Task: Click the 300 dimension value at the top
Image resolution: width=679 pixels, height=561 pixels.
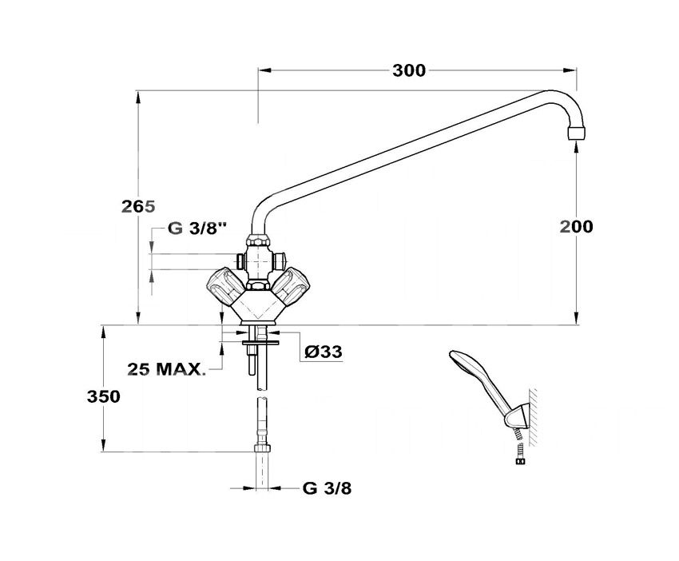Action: tap(409, 70)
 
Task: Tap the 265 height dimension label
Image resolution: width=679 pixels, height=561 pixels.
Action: tap(138, 207)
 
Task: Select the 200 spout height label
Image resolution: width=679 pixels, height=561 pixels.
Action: tap(577, 227)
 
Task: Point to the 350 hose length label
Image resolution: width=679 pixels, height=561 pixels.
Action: tap(104, 396)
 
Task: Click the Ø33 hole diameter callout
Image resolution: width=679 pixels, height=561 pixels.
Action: tap(323, 352)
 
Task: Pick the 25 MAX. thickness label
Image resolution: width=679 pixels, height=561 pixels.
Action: tap(167, 369)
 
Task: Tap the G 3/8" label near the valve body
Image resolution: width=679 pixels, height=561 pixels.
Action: tap(197, 229)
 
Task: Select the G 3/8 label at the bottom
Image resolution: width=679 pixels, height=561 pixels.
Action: tap(328, 488)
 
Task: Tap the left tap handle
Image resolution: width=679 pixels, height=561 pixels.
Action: tap(224, 285)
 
